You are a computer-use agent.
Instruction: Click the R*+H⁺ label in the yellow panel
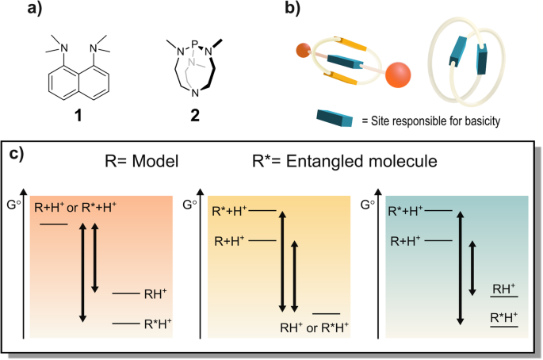pyautogui.click(x=229, y=211)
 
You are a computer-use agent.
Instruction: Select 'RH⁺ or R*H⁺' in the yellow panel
pyautogui.click(x=315, y=327)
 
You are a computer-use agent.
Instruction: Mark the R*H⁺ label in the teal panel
pyautogui.click(x=504, y=318)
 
